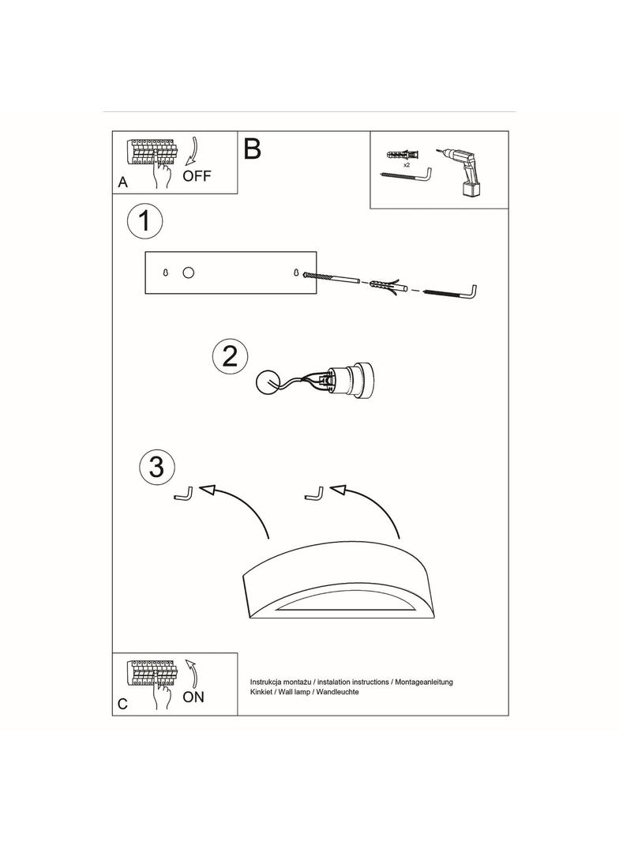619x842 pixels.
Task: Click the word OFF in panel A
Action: point(197,175)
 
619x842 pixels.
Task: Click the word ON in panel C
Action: point(193,697)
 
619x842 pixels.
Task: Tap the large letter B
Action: point(253,148)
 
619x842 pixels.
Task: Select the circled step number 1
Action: point(144,221)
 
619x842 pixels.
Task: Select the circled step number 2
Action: point(231,356)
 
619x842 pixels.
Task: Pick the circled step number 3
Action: point(157,466)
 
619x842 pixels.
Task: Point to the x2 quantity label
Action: point(407,165)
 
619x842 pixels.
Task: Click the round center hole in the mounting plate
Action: point(188,273)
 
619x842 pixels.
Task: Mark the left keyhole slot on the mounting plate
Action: point(165,273)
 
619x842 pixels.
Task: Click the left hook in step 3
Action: point(184,494)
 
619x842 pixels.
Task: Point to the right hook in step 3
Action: point(314,493)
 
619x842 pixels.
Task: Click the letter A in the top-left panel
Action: point(123,182)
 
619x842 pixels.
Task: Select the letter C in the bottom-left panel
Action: point(123,704)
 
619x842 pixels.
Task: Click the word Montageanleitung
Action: point(424,682)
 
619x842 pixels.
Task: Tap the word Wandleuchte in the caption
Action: point(338,692)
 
